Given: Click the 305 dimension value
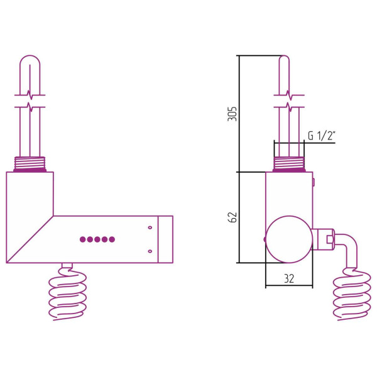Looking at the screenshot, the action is [x=232, y=114].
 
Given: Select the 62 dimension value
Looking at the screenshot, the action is [x=232, y=217].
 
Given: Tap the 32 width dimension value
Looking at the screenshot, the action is [x=289, y=278].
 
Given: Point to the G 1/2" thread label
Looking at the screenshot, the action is [x=321, y=136].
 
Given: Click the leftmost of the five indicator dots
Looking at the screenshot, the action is [x=83, y=239].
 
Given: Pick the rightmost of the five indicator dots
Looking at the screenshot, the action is [x=112, y=239].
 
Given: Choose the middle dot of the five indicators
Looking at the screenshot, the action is [x=97, y=239].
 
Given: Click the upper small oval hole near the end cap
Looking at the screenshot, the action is [x=150, y=227].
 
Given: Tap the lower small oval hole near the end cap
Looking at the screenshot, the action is [x=150, y=251].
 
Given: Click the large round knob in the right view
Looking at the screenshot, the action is [x=289, y=239].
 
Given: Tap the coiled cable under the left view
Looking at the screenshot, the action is [x=68, y=295].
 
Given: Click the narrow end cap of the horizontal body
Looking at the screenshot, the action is [x=165, y=239].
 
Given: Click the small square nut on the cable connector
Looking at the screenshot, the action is [x=329, y=239].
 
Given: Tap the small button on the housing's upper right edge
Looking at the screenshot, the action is [x=314, y=182].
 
